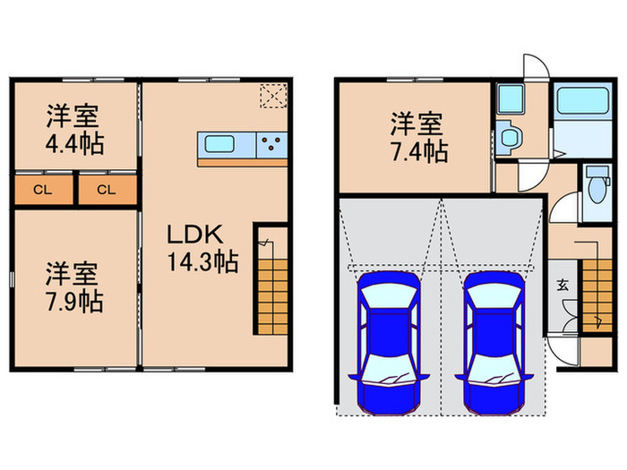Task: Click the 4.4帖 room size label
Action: click(74, 144)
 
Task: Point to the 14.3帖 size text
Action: click(202, 263)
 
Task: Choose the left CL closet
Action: click(41, 189)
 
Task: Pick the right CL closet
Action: click(106, 189)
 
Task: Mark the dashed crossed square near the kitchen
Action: click(271, 95)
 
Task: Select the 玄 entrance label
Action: click(563, 286)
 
